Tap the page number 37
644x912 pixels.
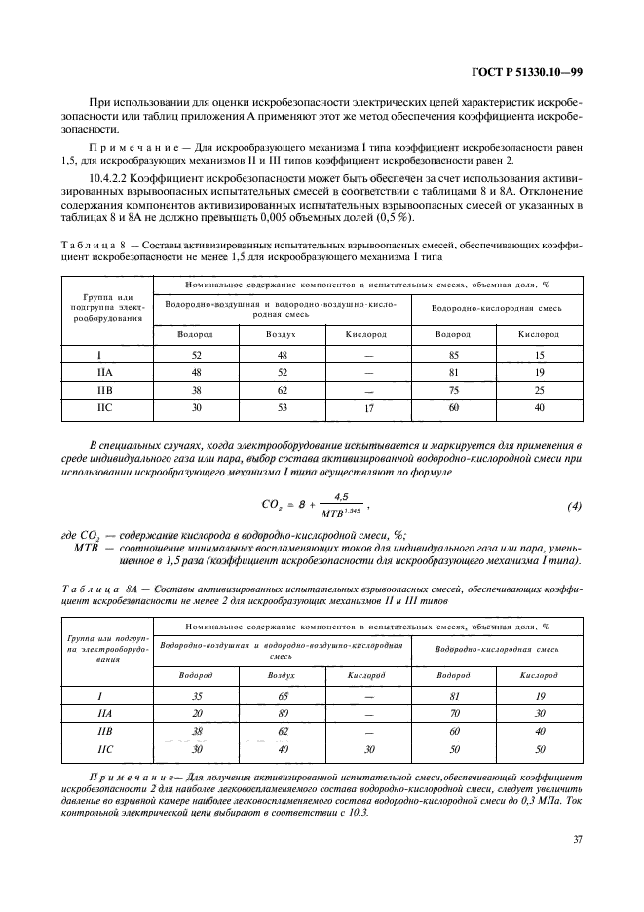577,839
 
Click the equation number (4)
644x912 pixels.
574,507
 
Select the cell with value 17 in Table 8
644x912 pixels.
368,410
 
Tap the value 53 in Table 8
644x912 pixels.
282,409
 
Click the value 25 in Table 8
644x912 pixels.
540,392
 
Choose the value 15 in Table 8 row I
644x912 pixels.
540,357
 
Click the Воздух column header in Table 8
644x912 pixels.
282,334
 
